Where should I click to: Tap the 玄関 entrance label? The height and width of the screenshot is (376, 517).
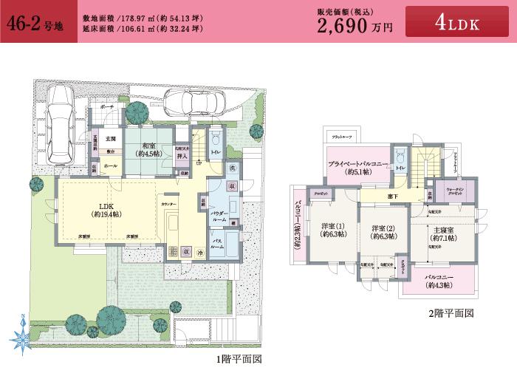point(110,138)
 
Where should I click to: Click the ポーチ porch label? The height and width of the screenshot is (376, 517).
point(107,106)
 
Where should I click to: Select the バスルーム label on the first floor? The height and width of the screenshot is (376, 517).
point(218,244)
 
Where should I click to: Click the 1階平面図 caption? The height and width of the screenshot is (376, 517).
point(239,360)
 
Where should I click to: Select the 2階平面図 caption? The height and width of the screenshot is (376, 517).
point(450,312)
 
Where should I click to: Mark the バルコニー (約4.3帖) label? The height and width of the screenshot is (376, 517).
point(440,281)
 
